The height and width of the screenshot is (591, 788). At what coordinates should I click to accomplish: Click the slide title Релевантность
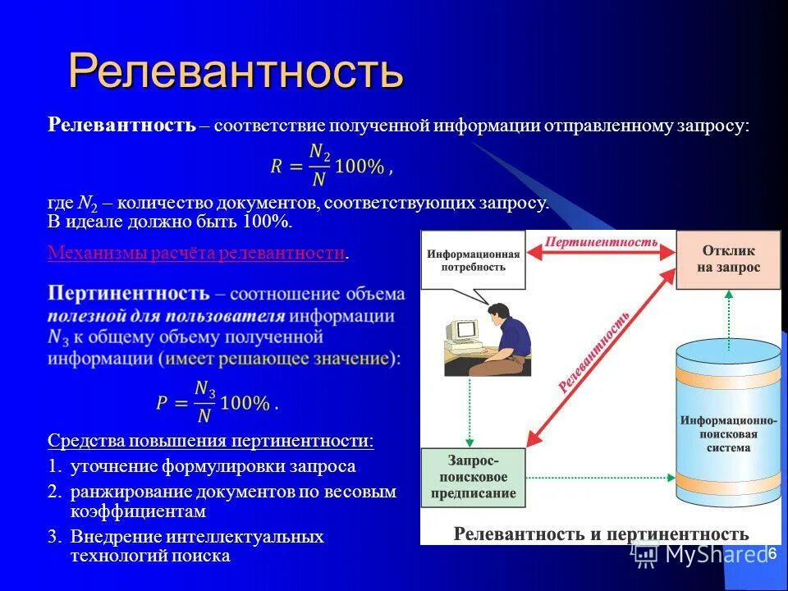[236, 71]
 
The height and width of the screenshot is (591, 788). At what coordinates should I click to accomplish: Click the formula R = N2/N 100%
[331, 166]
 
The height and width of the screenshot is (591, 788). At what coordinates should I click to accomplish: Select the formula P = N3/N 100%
[217, 402]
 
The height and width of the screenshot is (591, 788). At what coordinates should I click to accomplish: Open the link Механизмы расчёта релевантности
[195, 253]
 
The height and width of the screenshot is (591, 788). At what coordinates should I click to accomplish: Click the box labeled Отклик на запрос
[728, 259]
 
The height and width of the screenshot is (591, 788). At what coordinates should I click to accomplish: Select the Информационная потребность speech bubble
[473, 261]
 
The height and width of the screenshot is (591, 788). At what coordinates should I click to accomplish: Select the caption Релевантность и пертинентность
[601, 534]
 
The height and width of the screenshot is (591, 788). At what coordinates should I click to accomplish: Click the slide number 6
[772, 554]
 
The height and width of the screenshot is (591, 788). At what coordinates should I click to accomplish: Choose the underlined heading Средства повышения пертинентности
[210, 441]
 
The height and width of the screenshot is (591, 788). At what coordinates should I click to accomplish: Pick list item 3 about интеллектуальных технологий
[197, 546]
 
